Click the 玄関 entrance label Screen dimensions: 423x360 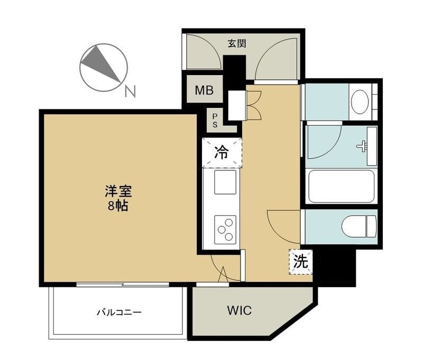point(237,43)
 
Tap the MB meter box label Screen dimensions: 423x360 point(204,90)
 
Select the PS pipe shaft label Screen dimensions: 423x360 point(215,121)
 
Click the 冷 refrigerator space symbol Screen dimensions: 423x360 point(222,152)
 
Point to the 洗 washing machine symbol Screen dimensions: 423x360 point(301,262)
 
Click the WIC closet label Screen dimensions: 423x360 point(240,310)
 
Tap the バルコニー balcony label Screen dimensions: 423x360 point(119,312)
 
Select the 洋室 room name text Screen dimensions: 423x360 point(118,192)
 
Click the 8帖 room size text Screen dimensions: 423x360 point(118,206)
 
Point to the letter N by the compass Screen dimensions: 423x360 point(130,91)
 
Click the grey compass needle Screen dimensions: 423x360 point(101,63)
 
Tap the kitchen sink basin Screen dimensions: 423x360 point(225,182)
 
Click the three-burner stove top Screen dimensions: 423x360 point(225,230)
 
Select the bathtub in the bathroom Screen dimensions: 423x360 point(341,186)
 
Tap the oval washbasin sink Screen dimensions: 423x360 point(360,102)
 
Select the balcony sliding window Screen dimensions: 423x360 point(123,284)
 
